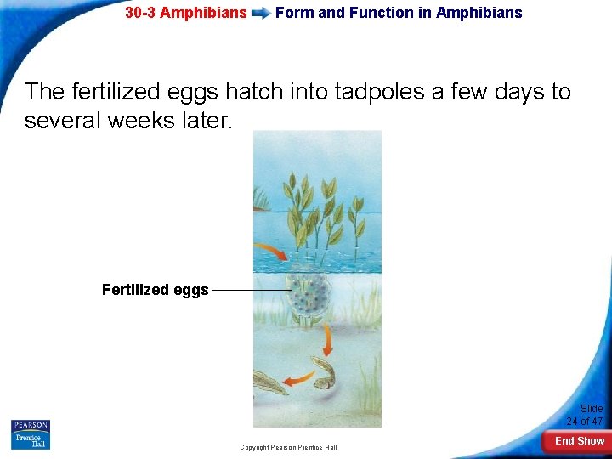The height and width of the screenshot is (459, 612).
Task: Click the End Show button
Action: (579, 441)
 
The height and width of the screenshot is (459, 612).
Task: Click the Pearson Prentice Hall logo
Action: (31, 434)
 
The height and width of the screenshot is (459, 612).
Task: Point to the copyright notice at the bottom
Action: (288, 447)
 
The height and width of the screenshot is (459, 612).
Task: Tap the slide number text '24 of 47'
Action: (585, 422)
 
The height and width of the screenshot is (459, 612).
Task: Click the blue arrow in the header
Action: (261, 13)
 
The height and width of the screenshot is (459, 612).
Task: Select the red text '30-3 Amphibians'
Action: (186, 13)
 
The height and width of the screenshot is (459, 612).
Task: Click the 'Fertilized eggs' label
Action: (155, 290)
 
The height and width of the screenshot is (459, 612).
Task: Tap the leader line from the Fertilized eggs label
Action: (251, 290)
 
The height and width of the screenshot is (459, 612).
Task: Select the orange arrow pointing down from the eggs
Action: (325, 341)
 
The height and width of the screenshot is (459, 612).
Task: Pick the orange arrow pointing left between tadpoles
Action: (299, 377)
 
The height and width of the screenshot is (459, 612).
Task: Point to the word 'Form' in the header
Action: (294, 13)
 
